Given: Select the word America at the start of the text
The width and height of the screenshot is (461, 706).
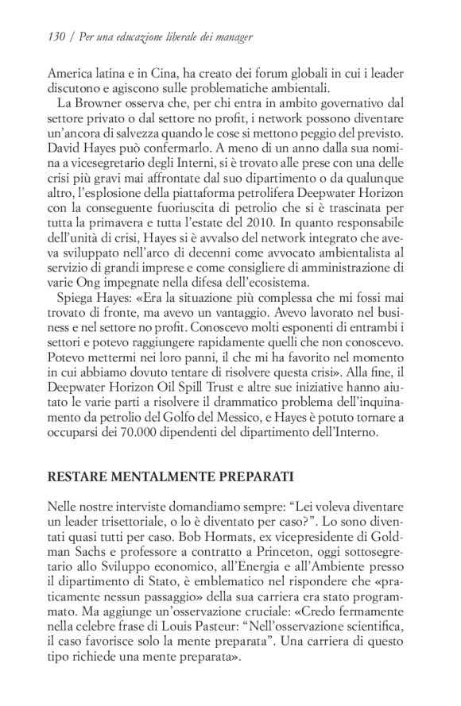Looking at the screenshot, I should (x=69, y=71).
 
